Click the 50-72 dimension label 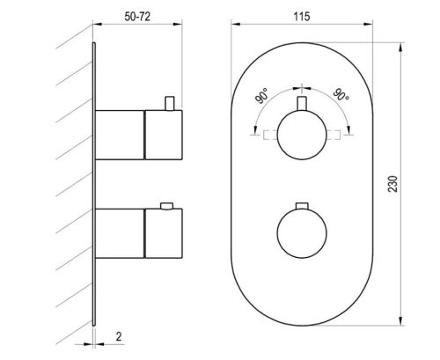[137, 17]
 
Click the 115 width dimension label [302, 17]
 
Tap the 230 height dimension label [392, 184]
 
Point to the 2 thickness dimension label [119, 336]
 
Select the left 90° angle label [261, 95]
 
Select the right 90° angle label [341, 94]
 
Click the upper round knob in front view [302, 135]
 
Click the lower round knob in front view [302, 233]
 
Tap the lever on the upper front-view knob [302, 103]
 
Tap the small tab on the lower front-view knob [302, 206]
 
